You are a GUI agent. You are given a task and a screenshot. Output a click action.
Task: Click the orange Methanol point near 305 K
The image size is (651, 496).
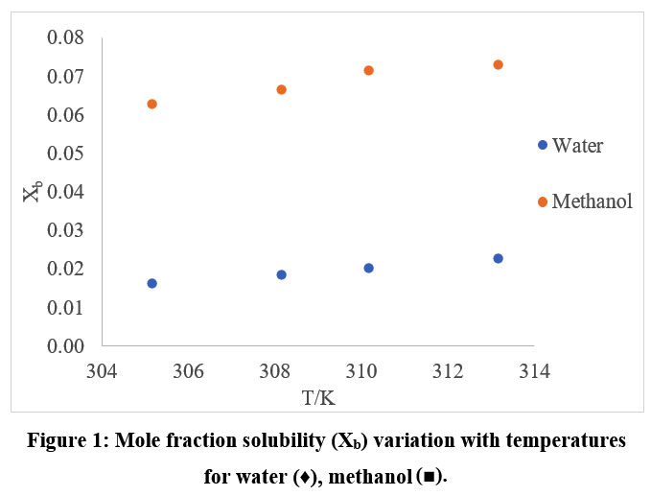pos(151,104)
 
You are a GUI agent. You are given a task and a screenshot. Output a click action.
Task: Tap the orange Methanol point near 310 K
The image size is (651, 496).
pos(368,70)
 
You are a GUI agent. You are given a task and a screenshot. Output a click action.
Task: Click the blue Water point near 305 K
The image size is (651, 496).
pos(151,283)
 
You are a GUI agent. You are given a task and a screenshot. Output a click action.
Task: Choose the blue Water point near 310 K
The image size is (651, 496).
pos(368,268)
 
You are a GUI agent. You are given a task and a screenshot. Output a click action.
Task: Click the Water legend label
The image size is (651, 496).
pos(578,146)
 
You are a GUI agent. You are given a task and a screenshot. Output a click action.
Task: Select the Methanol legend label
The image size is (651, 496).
pos(592,201)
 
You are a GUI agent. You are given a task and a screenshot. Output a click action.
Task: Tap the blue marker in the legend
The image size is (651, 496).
pos(543,145)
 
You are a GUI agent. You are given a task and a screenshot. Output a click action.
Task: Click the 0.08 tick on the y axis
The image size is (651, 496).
pos(66,38)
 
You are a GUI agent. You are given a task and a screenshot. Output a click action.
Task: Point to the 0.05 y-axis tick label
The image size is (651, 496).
pos(66,154)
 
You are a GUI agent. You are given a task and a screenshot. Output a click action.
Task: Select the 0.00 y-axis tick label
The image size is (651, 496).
pos(66,345)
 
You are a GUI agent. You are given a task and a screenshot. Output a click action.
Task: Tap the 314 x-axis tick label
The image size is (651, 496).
pos(534,370)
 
